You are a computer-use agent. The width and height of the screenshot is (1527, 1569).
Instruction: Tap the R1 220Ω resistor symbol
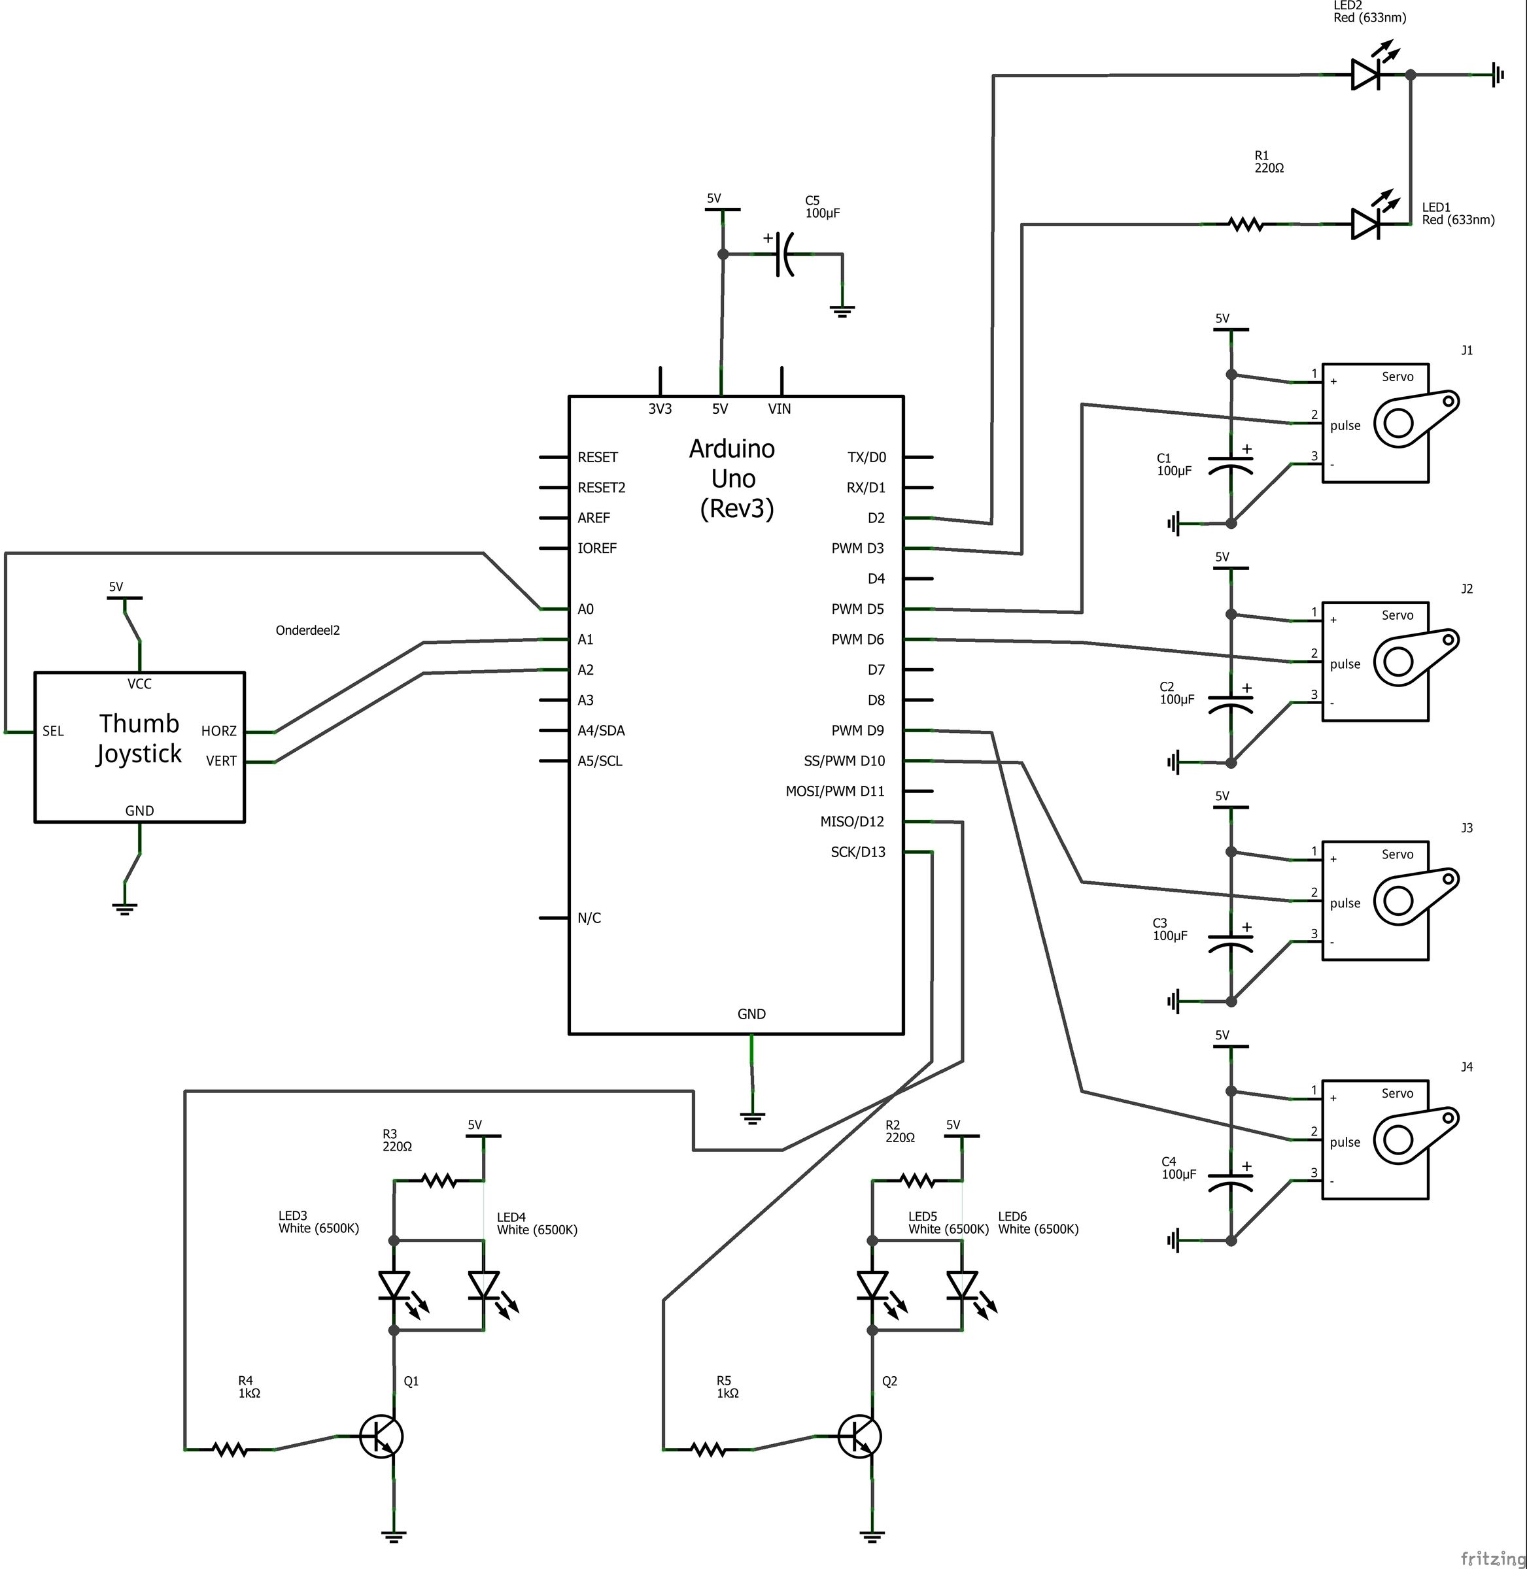point(1246,226)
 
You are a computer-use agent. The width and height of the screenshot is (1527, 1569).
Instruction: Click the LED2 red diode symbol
point(1365,75)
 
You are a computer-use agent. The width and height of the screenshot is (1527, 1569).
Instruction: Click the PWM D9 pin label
point(857,730)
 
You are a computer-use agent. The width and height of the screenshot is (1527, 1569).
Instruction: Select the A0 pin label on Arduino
point(585,609)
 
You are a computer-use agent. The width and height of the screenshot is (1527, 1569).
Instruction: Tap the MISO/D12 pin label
point(851,822)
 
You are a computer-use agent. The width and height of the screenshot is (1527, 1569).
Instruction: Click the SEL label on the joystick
point(53,731)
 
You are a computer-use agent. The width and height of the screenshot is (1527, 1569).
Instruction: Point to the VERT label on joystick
point(221,762)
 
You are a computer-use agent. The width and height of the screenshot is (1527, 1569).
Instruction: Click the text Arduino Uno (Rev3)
point(733,479)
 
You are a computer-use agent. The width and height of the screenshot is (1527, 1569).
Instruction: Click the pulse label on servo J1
point(1345,426)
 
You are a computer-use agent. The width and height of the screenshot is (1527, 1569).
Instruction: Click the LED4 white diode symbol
point(483,1285)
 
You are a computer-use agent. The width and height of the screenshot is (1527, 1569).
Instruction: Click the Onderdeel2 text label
point(307,630)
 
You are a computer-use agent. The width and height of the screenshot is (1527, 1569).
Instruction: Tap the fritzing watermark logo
point(1491,1558)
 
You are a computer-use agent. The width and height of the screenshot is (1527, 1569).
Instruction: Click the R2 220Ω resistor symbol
point(917,1180)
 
